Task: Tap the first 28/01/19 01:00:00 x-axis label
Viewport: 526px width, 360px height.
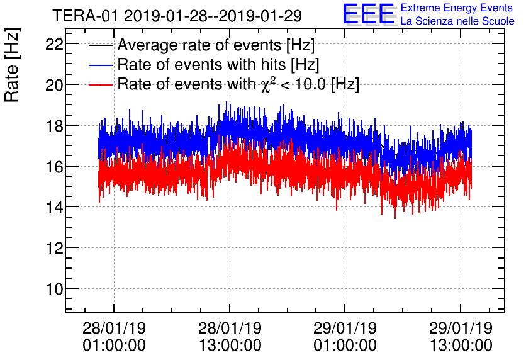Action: [114, 337]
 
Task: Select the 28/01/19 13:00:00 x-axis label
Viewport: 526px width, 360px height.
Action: [230, 337]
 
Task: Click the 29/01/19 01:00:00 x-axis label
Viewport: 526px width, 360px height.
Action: [345, 337]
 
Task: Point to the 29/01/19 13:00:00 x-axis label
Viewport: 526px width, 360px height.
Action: [461, 337]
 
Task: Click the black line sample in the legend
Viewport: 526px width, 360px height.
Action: [101, 46]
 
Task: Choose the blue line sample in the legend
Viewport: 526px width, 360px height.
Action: [101, 65]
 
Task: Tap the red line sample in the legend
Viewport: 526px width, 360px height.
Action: [101, 84]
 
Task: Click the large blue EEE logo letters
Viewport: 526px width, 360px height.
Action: [369, 14]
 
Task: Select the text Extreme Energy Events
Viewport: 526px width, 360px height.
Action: [457, 8]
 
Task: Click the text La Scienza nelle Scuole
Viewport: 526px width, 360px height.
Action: [457, 21]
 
